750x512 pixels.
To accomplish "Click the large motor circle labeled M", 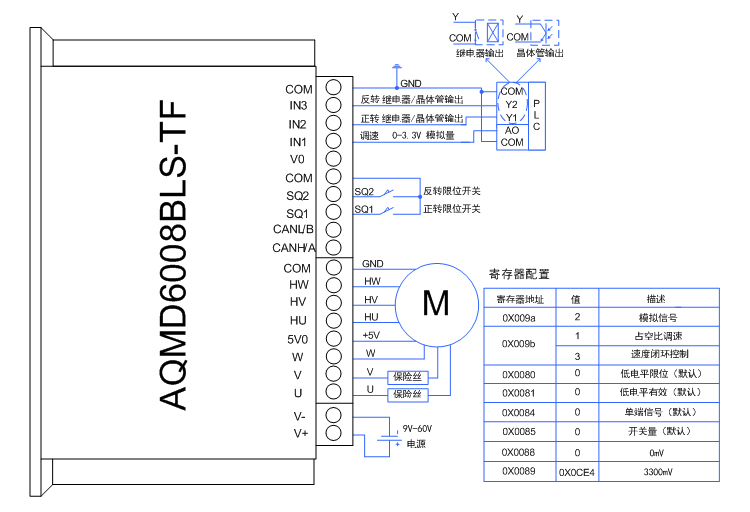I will click(436, 303).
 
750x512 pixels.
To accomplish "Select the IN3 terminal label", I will click(298, 106).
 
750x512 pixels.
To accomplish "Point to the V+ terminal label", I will click(300, 432).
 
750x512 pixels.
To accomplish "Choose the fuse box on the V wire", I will click(407, 376).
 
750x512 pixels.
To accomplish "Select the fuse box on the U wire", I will click(407, 394).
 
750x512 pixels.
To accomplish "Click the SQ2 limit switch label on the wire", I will click(364, 192).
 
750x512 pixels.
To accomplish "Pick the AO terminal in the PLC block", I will click(511, 131).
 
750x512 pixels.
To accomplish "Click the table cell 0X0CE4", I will click(577, 470).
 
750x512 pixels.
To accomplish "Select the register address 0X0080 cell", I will click(518, 374).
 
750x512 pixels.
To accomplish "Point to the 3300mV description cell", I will click(659, 470).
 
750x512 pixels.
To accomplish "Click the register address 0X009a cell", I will click(518, 317).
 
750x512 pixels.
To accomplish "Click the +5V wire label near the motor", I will click(371, 335).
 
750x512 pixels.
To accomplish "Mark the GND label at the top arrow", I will click(410, 84).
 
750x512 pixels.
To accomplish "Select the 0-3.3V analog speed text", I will click(424, 136).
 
